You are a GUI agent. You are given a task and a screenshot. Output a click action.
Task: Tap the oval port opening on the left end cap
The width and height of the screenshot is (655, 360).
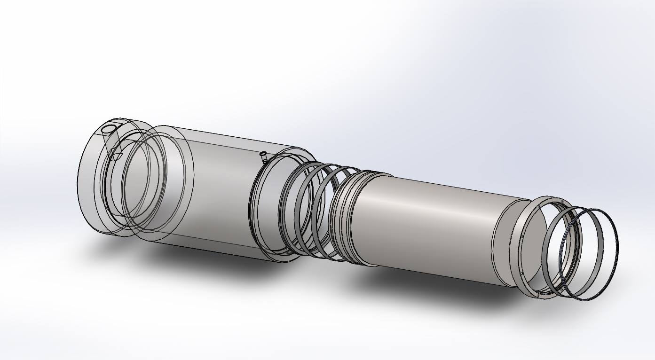[108, 129]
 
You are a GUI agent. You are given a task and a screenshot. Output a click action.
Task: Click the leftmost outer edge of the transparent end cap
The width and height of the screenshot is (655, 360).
[78, 179]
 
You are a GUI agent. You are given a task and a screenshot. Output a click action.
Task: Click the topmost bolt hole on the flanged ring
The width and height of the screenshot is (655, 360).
[560, 201]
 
